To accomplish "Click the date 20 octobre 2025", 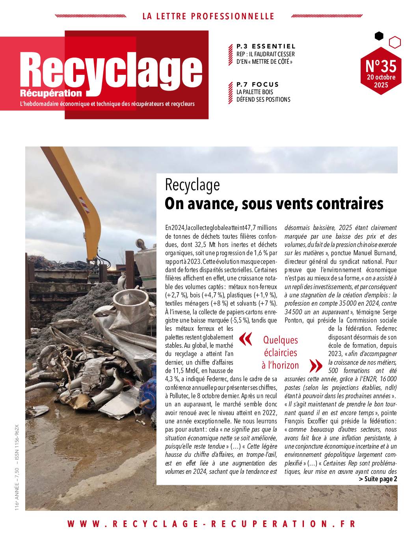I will [x=381, y=81].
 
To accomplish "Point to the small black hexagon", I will [x=379, y=36].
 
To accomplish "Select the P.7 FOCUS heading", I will [x=257, y=84].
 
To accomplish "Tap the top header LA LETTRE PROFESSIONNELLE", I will [x=208, y=17].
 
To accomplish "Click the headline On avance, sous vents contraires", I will [x=274, y=204].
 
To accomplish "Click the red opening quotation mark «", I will [x=245, y=339].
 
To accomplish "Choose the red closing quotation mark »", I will [x=316, y=365].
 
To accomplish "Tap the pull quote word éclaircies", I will [x=280, y=352].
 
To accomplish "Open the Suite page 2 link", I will [x=378, y=479].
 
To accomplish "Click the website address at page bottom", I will [x=211, y=524].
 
